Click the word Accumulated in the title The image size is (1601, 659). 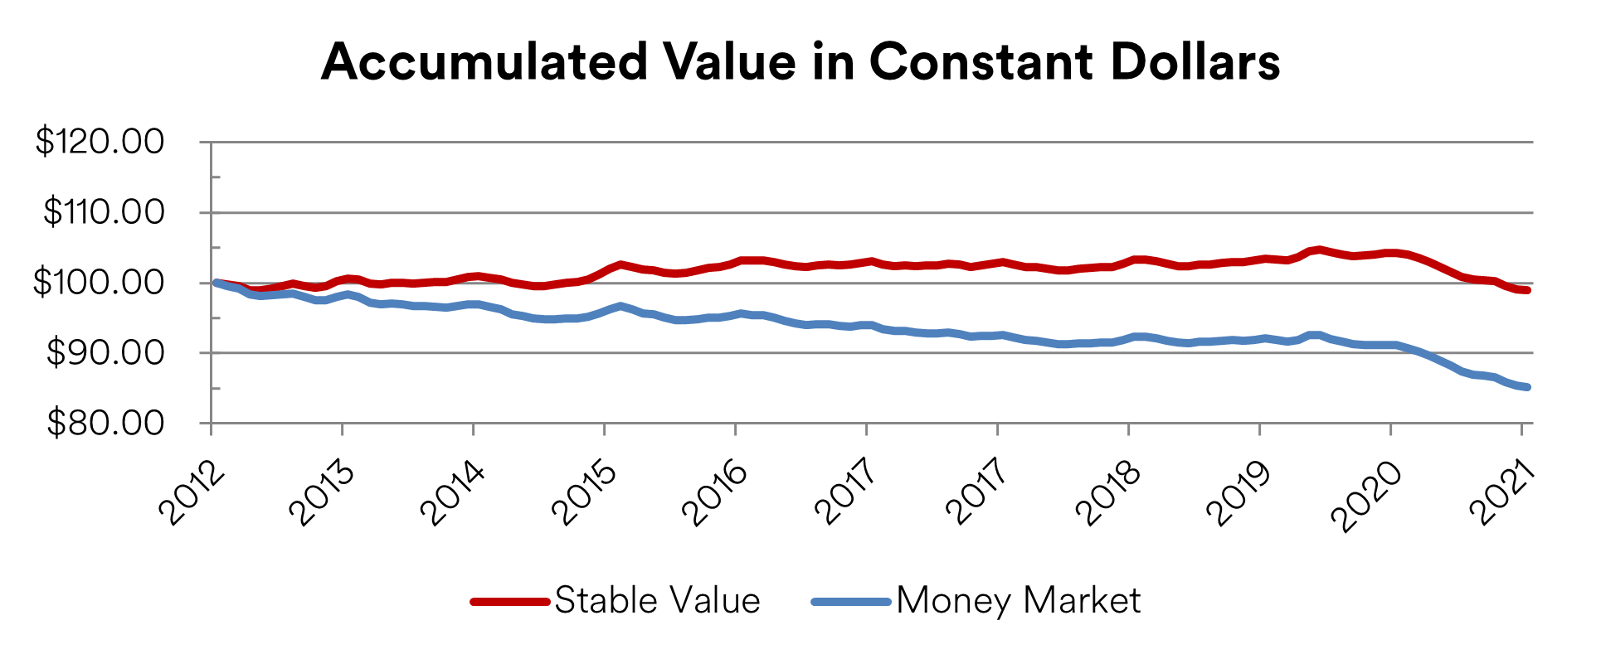pos(484,62)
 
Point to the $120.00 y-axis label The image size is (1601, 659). pos(100,142)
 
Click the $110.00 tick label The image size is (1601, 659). pos(105,212)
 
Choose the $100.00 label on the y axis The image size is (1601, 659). pos(100,283)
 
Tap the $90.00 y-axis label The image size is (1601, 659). pos(105,353)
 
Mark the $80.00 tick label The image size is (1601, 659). pos(105,424)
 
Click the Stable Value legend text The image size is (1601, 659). pos(657,600)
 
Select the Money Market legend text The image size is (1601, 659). pos(1018,600)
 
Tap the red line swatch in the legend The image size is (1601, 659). pos(509,601)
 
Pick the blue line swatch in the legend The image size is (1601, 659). pos(851,601)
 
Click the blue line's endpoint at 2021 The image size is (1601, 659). pos(1526,387)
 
